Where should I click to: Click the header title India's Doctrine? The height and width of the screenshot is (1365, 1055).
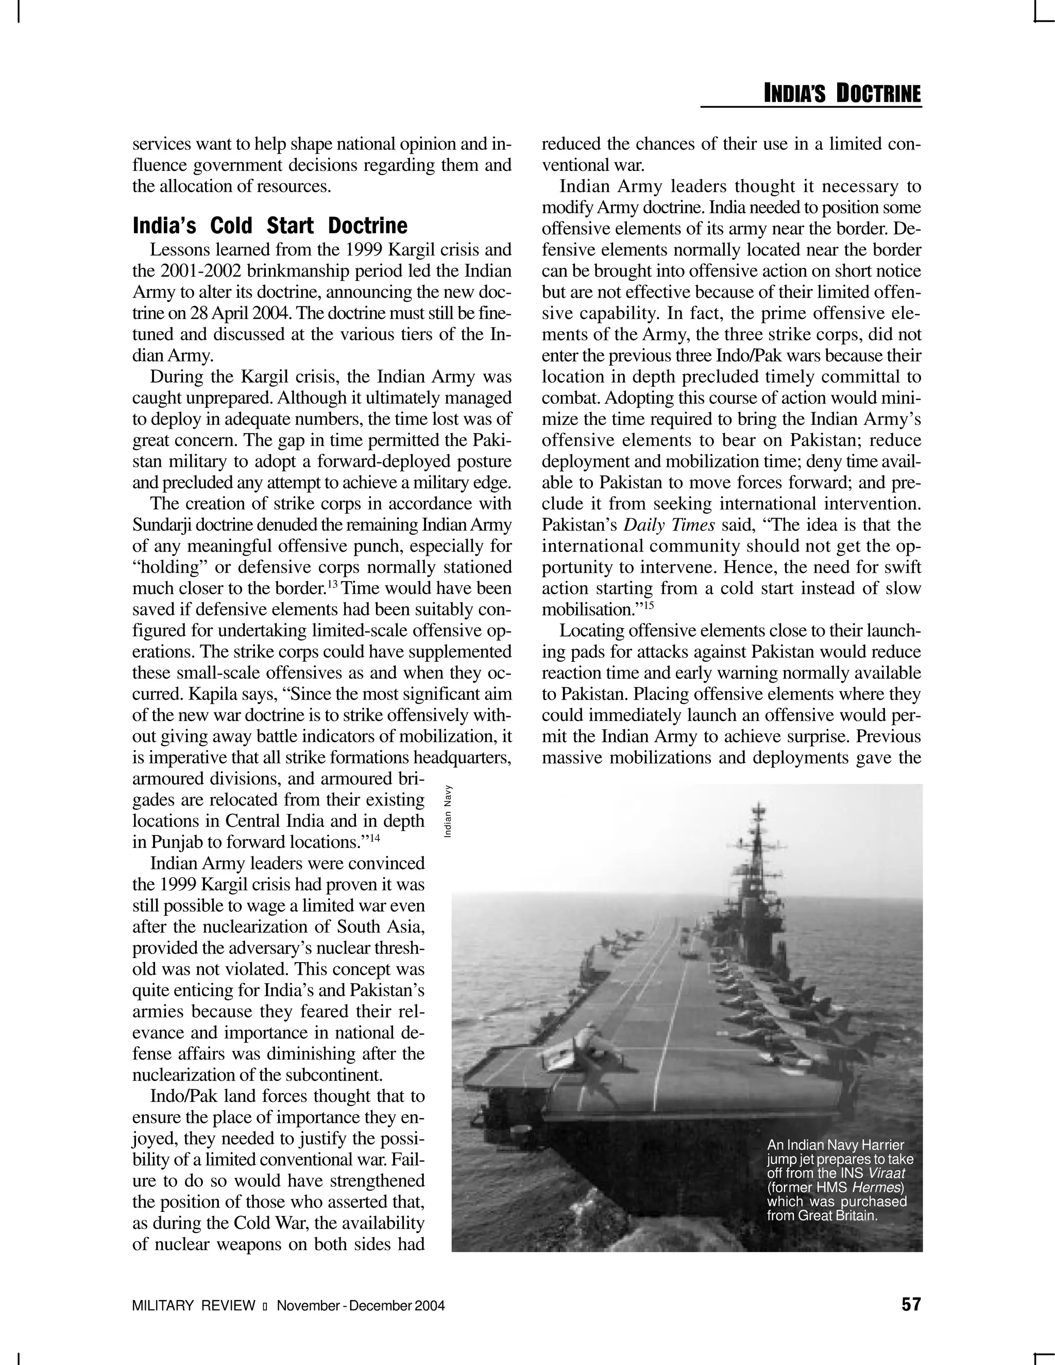pos(842,94)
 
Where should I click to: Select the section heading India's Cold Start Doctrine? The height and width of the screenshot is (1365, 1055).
pos(269,226)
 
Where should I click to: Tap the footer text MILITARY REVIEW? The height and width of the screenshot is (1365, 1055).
pos(194,1306)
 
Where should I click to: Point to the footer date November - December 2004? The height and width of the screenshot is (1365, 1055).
pos(361,1306)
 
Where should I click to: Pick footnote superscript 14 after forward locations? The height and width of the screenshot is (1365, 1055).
pos(375,839)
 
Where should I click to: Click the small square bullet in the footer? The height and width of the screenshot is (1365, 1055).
pos(266,1306)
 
